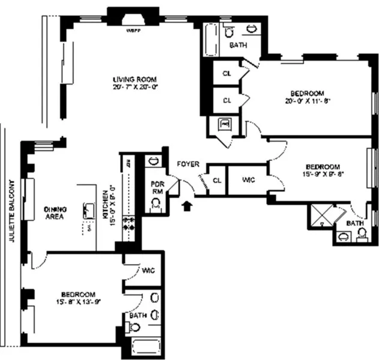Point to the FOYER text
pyautogui.click(x=187, y=164)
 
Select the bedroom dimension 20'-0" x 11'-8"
pyautogui.click(x=308, y=101)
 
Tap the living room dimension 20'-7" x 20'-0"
pyautogui.click(x=135, y=86)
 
